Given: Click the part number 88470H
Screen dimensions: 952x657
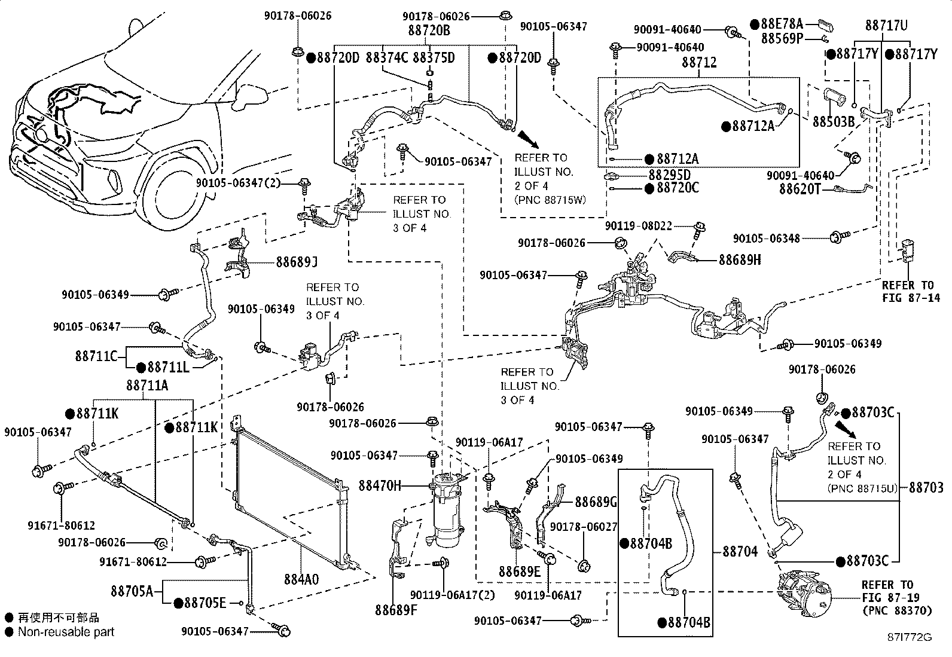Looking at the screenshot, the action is [x=380, y=485].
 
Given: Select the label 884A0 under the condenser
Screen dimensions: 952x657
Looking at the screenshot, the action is [x=301, y=579].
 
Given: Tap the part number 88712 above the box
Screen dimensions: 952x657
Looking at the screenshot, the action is [x=699, y=62].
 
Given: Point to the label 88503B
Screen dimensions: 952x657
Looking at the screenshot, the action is [x=834, y=122].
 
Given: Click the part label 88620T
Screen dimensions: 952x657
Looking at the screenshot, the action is [x=800, y=189].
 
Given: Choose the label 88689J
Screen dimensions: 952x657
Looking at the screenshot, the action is [x=297, y=262].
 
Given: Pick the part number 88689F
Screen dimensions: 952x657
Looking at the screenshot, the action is [x=396, y=610].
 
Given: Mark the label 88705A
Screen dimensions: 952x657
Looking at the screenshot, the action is [x=132, y=591].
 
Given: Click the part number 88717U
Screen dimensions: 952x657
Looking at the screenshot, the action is [x=886, y=26].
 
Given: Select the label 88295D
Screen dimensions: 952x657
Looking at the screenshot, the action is [x=669, y=175].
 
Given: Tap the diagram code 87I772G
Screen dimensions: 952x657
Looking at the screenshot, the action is [x=910, y=637].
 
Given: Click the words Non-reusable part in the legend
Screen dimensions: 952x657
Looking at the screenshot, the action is [x=66, y=632].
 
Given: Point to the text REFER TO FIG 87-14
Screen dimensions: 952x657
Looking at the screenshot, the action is [x=911, y=292].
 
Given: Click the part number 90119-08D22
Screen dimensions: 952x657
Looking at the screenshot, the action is [x=638, y=226].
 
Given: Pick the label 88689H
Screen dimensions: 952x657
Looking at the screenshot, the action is [x=740, y=259].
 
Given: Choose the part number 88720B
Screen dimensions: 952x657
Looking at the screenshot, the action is [x=429, y=30].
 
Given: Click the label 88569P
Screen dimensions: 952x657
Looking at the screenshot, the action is [x=782, y=39].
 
